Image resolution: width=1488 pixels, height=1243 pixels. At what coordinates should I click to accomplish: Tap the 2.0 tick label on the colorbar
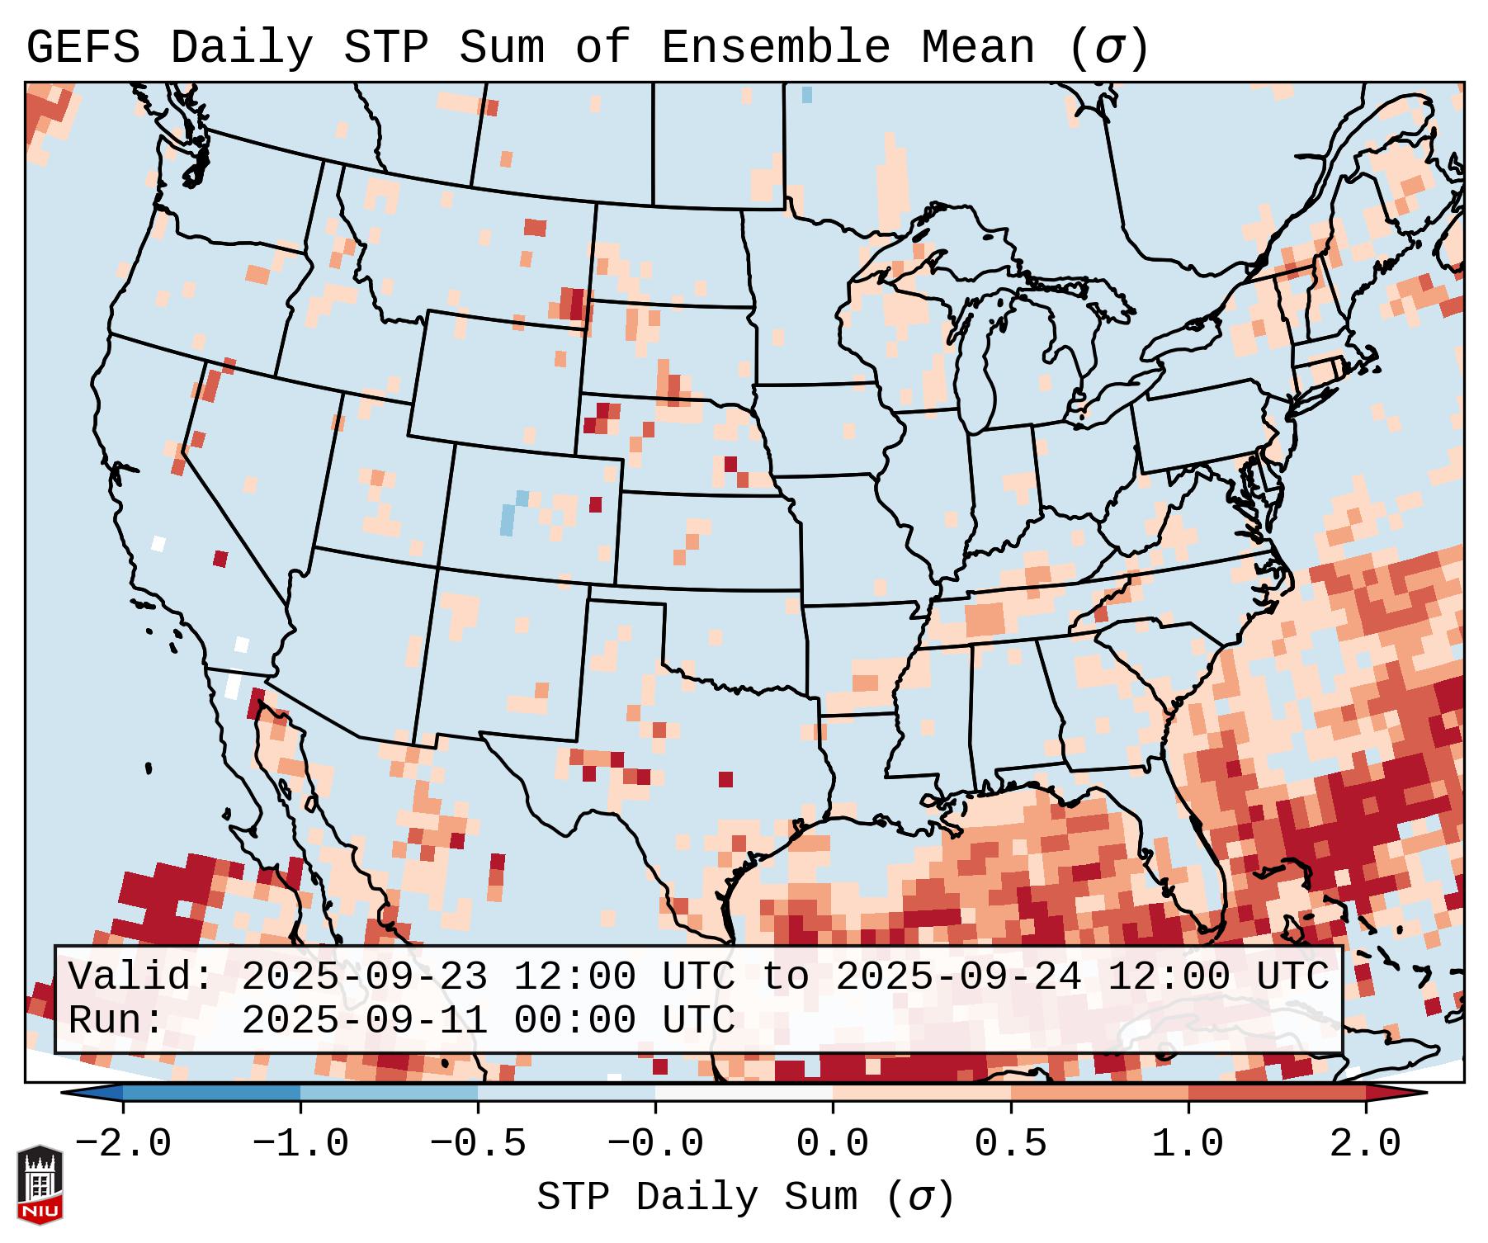(x=1365, y=1144)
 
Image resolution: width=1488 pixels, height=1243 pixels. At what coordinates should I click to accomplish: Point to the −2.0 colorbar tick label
(x=123, y=1144)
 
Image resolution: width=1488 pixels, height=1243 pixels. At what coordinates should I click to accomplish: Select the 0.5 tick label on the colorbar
(x=1010, y=1144)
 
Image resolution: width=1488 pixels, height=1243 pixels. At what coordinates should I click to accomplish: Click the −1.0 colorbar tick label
(x=300, y=1144)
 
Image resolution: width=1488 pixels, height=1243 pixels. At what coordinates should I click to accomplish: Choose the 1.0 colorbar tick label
(x=1188, y=1144)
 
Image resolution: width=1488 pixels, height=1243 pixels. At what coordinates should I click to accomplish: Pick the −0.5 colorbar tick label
(x=478, y=1144)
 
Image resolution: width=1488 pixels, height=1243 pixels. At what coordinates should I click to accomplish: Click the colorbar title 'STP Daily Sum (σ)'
(x=745, y=1197)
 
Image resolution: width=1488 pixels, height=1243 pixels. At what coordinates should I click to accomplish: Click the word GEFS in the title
(x=83, y=47)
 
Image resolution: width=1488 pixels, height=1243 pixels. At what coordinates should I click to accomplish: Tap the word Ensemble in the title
(x=776, y=47)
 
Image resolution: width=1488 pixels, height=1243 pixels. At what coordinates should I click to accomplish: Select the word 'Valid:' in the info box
(x=141, y=976)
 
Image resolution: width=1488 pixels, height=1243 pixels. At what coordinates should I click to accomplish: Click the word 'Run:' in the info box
(x=116, y=1020)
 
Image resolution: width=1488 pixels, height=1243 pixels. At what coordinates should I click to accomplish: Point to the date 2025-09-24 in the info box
(x=958, y=976)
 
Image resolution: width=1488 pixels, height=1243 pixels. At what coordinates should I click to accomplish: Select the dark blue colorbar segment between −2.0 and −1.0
(x=211, y=1094)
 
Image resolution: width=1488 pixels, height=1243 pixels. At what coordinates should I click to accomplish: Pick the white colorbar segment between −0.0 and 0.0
(x=744, y=1094)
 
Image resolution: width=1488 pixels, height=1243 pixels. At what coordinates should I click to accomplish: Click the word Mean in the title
(x=978, y=47)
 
